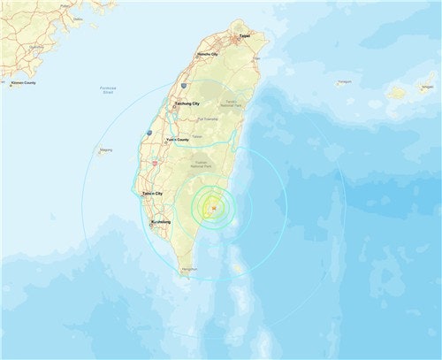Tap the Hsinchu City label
tap(209, 54)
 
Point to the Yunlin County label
tap(177, 139)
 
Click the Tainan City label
tap(153, 193)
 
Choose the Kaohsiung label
tap(161, 222)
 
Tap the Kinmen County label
tap(23, 82)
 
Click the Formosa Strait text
tap(108, 90)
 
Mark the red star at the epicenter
tap(212, 208)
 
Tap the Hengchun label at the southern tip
tap(188, 268)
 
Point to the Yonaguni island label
tap(344, 81)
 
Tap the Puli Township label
tap(209, 119)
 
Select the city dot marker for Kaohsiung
tap(151, 224)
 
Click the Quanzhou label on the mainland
tap(36, 47)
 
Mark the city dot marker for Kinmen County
tap(10, 84)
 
